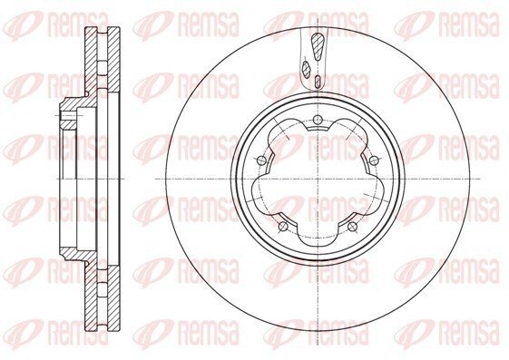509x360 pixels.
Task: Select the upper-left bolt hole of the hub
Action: (261, 160)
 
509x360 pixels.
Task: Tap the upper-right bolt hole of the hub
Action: (375, 160)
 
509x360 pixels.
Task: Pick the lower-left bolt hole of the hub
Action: (283, 226)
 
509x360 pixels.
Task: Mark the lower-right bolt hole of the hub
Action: (352, 226)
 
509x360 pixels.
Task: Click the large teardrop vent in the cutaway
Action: (317, 46)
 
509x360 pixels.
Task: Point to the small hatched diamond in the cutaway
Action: (306, 68)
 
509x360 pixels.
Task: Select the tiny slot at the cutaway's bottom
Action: (318, 81)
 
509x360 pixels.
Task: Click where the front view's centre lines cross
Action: (318, 179)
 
